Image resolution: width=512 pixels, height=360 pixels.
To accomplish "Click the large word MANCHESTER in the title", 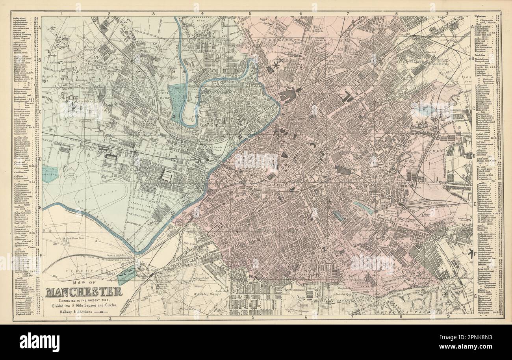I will (84, 293).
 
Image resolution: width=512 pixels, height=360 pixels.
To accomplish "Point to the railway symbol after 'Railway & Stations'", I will (101, 312).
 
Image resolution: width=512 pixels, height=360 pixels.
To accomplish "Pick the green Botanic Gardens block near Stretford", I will (127, 275).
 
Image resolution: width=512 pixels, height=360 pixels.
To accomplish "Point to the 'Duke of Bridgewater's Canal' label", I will (104, 258).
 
